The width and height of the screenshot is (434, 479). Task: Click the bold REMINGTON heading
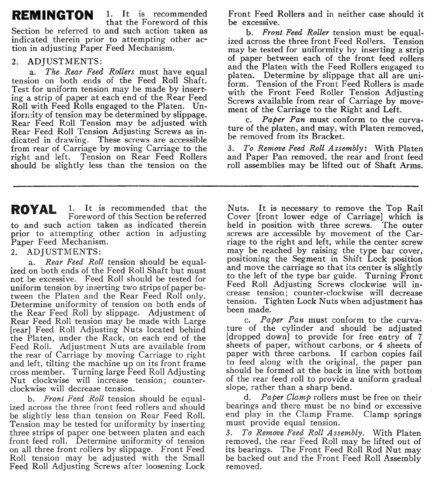tap(53, 16)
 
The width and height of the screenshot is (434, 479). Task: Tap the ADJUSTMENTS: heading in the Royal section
tap(63, 251)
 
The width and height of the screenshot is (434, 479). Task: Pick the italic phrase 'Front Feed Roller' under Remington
tap(296, 33)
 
